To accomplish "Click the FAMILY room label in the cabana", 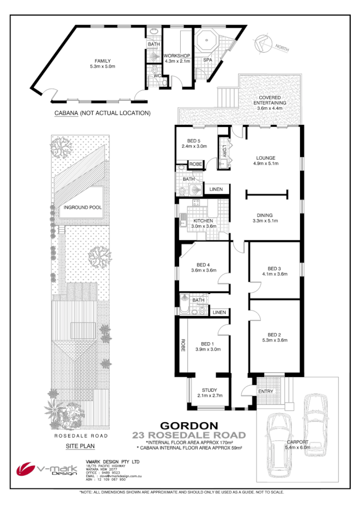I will pyautogui.click(x=103, y=61).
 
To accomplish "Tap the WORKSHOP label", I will pyautogui.click(x=177, y=56).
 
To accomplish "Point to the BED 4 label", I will pyautogui.click(x=204, y=264).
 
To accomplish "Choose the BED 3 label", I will pyautogui.click(x=274, y=268).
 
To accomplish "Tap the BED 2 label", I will pyautogui.click(x=274, y=335).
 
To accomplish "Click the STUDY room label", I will pyautogui.click(x=210, y=390).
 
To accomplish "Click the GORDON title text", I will pyautogui.click(x=189, y=425).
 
